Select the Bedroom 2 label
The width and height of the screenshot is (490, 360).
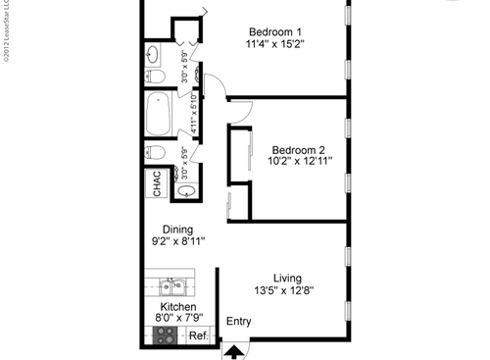297,137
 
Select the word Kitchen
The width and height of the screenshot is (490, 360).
177,307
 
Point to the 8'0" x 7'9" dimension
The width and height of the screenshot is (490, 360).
177,319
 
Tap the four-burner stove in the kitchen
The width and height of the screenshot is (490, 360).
166,336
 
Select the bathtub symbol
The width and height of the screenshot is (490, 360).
158,115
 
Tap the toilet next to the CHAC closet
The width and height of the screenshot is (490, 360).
156,152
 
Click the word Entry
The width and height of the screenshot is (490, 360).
238,322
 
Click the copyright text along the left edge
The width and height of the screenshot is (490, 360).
6,33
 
